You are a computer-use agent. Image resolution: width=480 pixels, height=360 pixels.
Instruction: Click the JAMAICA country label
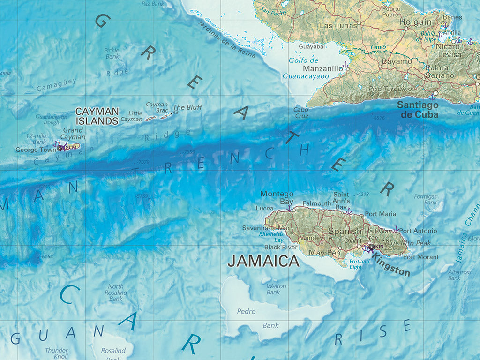263,262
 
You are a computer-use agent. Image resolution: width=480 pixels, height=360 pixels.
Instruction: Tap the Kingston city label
390,268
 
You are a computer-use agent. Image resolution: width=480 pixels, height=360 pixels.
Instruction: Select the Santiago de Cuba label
418,110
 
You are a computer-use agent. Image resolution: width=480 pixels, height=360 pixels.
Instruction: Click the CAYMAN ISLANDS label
97,116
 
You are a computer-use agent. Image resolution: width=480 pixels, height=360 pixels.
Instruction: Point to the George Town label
36,150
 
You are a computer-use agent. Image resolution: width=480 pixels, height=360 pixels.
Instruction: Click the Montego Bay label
277,197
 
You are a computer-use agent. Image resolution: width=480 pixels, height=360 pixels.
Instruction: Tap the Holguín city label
415,22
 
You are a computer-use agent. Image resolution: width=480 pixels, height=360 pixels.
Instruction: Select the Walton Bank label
276,289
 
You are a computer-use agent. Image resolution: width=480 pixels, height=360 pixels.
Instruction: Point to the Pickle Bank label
112,53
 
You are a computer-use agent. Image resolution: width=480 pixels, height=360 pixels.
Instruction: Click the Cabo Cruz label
301,112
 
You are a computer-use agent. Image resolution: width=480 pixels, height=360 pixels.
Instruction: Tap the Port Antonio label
418,231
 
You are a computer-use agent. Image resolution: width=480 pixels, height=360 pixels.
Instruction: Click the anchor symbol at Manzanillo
345,65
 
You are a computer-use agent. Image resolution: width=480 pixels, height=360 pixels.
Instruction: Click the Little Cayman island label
132,116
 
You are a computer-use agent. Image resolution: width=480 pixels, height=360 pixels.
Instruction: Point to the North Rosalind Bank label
116,292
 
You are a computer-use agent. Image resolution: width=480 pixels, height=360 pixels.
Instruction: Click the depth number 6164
47,256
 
